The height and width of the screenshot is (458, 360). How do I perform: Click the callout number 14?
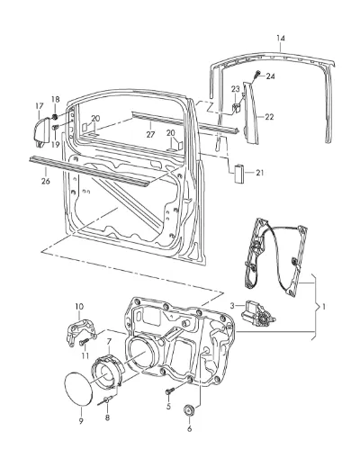click(x=281, y=39)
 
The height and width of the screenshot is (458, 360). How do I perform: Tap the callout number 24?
click(x=270, y=76)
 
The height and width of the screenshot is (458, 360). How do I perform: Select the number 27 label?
click(x=150, y=135)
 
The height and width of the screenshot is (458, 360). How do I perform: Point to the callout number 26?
click(x=46, y=181)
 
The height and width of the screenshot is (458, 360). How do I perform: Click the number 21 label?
click(x=259, y=173)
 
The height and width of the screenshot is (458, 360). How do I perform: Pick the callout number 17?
click(x=40, y=106)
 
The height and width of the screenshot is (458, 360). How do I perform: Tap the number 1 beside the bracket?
click(x=323, y=307)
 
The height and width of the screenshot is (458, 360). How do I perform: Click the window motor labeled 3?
click(x=258, y=315)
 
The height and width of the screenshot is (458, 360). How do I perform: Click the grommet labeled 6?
click(x=189, y=409)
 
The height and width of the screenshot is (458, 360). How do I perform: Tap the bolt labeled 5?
click(x=170, y=391)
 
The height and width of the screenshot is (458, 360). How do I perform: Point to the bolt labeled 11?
click(x=84, y=342)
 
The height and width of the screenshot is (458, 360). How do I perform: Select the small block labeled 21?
click(x=238, y=174)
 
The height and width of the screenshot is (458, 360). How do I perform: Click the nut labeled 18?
click(x=55, y=116)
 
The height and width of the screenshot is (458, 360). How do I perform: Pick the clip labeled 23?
click(x=237, y=107)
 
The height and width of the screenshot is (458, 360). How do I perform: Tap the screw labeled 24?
click(x=256, y=74)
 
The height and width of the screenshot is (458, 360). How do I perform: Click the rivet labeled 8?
click(x=105, y=400)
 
